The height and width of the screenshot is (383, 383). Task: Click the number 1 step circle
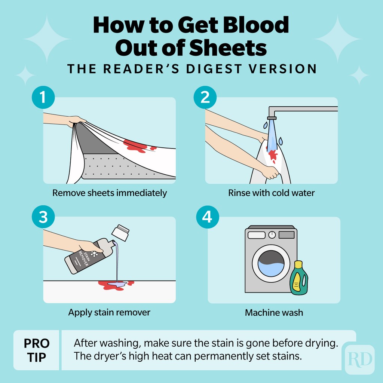[43, 97]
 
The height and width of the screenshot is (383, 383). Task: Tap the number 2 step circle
[205, 97]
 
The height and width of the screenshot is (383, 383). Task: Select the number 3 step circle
[43, 217]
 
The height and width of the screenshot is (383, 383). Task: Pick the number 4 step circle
[207, 217]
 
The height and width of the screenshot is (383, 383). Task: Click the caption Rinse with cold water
[272, 193]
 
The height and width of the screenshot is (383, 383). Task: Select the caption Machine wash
[274, 313]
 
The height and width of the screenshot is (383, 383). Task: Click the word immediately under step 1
[141, 193]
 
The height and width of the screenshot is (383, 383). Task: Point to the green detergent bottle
[299, 278]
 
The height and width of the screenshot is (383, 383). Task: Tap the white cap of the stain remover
[120, 233]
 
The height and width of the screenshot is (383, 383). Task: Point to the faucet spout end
[272, 118]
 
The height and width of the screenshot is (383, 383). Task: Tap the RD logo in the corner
[359, 359]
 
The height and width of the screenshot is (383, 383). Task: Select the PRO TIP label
[36, 350]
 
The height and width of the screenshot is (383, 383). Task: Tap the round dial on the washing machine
[272, 235]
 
